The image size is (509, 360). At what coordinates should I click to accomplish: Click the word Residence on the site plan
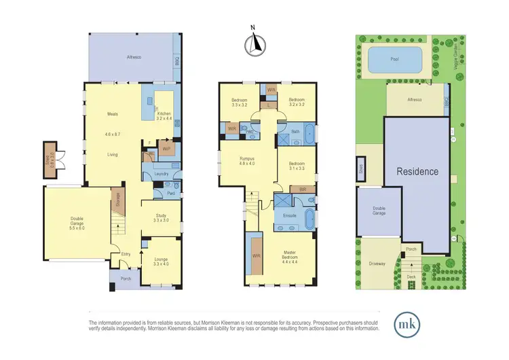pyautogui.click(x=417, y=172)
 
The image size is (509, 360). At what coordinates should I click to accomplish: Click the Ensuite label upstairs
pyautogui.click(x=288, y=215)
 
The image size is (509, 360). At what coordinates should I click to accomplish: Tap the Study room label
pyautogui.click(x=160, y=217)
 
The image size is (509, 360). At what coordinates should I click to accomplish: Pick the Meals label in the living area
pyautogui.click(x=113, y=114)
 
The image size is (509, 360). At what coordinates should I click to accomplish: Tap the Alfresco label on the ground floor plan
pyautogui.click(x=133, y=58)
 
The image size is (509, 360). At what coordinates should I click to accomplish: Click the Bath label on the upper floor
pyautogui.click(x=295, y=132)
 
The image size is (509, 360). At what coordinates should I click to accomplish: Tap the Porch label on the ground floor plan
pyautogui.click(x=125, y=278)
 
